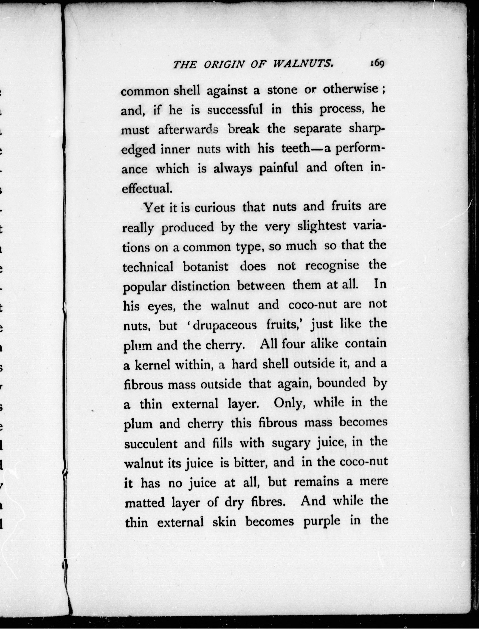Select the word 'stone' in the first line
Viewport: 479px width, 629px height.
coord(282,90)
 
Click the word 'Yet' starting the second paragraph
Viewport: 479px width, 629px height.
coord(154,208)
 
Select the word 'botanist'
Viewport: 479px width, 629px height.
coord(205,267)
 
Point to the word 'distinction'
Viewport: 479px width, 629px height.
coord(200,286)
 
